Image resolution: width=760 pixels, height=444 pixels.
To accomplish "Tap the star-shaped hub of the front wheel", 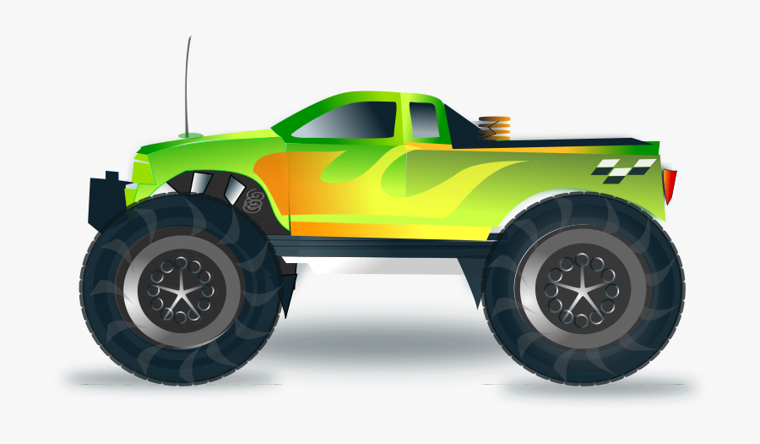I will click(181, 292).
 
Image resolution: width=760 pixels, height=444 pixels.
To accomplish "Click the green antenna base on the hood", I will click(190, 135).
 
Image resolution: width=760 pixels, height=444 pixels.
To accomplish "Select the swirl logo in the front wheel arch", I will click(252, 200).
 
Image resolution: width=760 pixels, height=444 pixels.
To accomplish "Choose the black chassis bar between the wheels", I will click(380, 247).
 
